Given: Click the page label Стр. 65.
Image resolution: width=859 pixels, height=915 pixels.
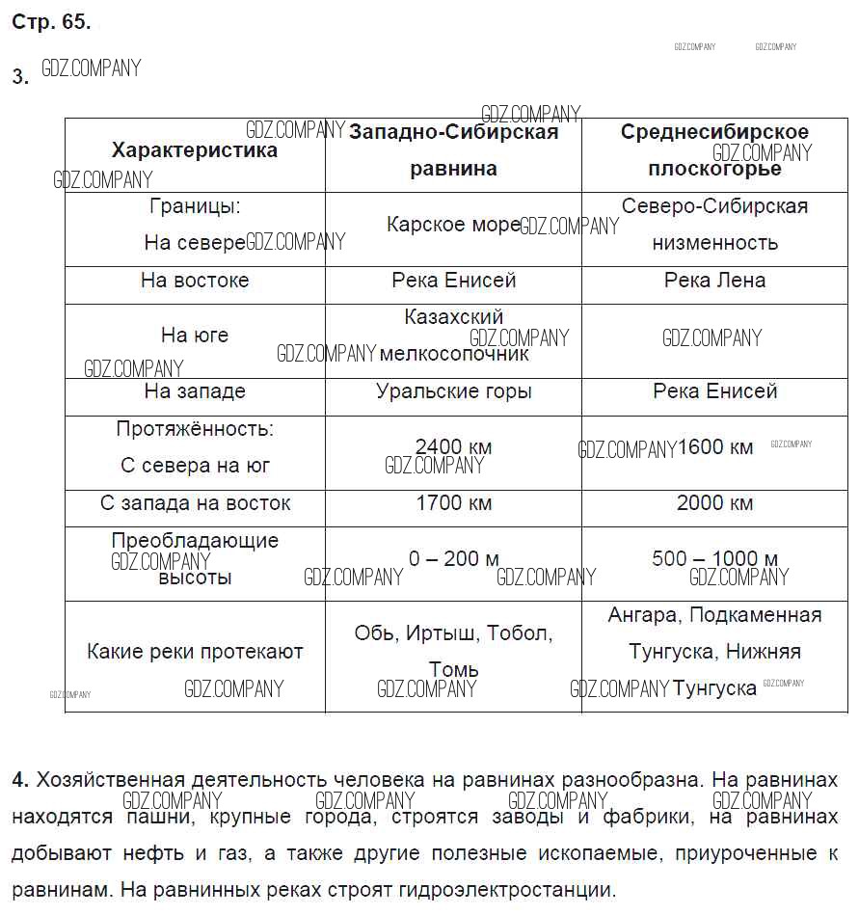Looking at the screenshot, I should [51, 22].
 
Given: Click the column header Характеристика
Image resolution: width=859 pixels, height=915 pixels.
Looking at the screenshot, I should [194, 150].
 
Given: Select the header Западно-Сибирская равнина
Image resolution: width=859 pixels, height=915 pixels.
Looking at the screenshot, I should [453, 149].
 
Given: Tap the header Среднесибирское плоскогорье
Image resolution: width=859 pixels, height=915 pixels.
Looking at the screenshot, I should [714, 149].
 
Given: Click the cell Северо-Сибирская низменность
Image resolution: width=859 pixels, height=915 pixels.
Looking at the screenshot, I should [714, 224].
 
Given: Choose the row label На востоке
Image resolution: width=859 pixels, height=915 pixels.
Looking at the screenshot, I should [194, 281].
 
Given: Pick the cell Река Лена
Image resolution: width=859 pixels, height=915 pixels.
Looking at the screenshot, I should [714, 281].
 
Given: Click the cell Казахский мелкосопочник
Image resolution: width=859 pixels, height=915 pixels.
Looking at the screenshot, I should [453, 335].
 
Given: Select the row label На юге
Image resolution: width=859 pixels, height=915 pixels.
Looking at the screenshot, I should [194, 336].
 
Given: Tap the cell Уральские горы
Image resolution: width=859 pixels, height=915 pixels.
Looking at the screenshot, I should [453, 391].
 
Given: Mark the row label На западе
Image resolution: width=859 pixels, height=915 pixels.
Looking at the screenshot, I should [194, 391].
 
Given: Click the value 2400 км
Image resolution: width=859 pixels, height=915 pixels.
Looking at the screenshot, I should [453, 447].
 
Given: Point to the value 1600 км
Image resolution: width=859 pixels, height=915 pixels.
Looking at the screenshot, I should [714, 447].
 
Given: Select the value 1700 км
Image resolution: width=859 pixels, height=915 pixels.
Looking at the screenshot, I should [453, 503].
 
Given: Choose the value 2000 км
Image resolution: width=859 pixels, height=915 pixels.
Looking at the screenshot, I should [714, 503].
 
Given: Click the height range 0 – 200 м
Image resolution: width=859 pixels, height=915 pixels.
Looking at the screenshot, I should [453, 559].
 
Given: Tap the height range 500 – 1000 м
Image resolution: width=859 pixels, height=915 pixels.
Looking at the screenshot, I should [714, 559].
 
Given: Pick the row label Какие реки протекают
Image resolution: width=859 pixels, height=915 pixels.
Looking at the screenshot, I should [194, 652].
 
